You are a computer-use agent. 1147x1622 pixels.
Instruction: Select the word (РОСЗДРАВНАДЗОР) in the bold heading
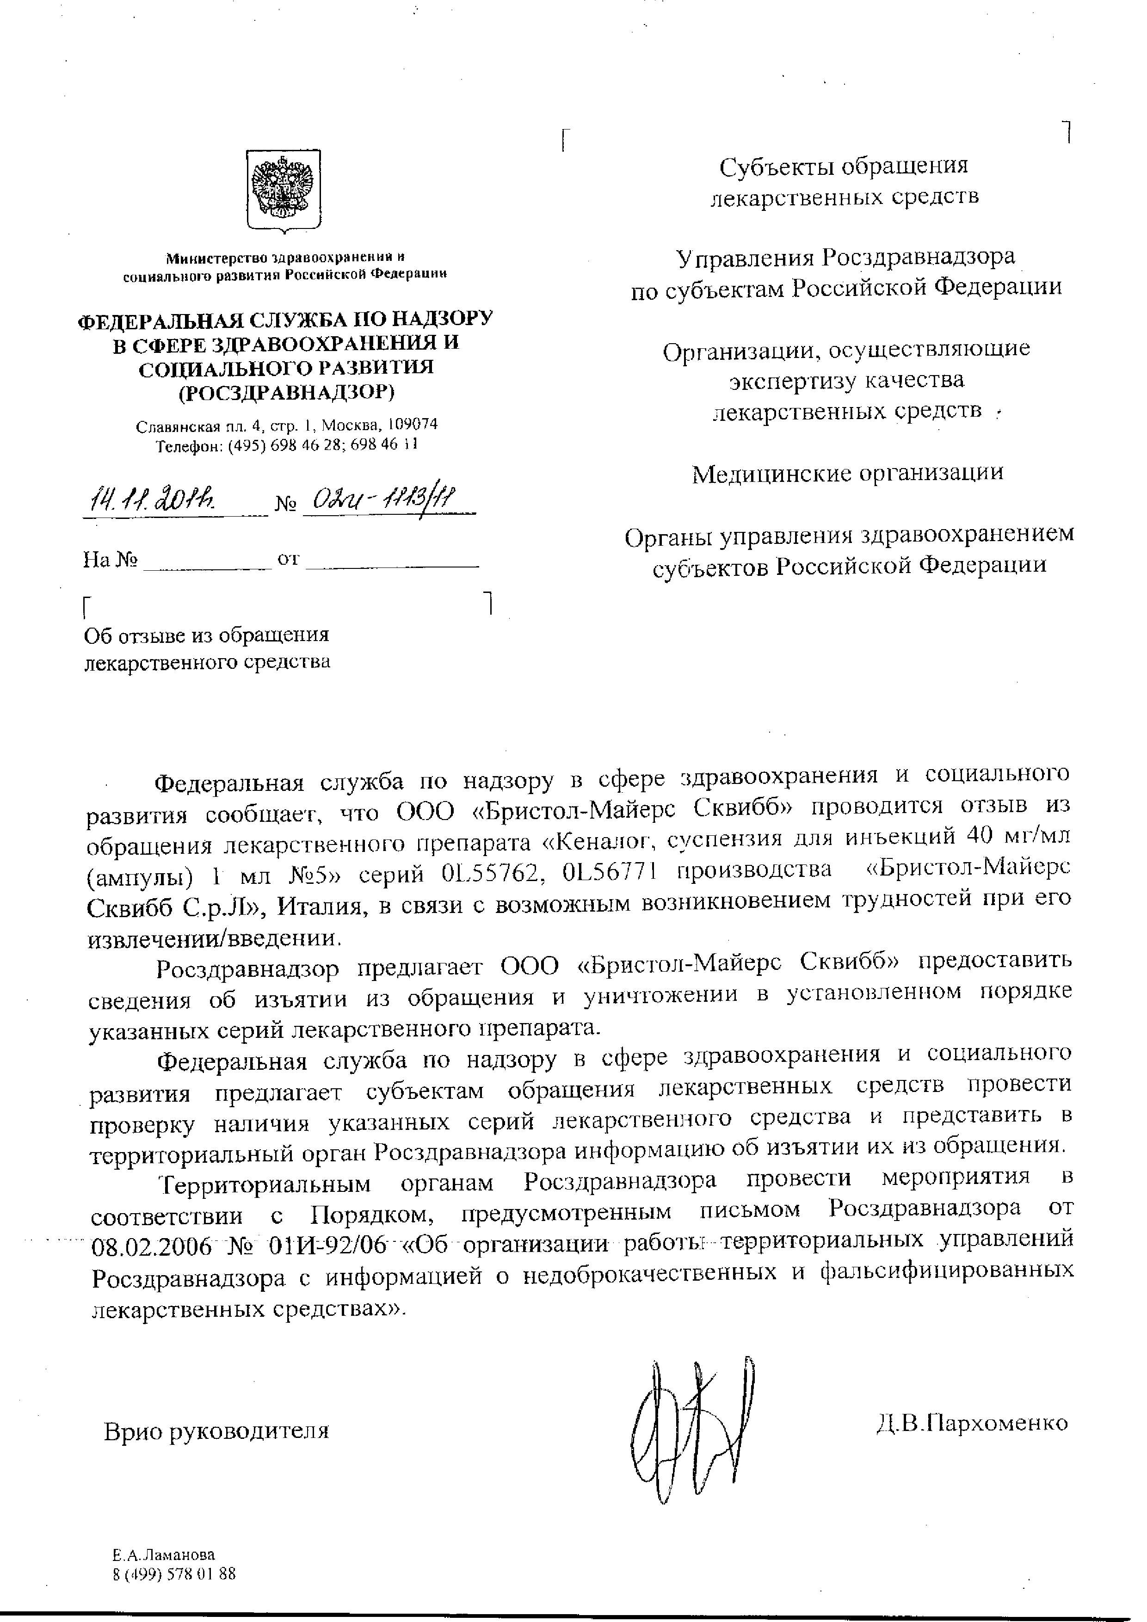click(285, 392)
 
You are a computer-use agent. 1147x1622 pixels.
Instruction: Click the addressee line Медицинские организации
click(848, 473)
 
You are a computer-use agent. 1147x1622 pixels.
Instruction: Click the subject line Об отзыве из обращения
click(206, 635)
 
